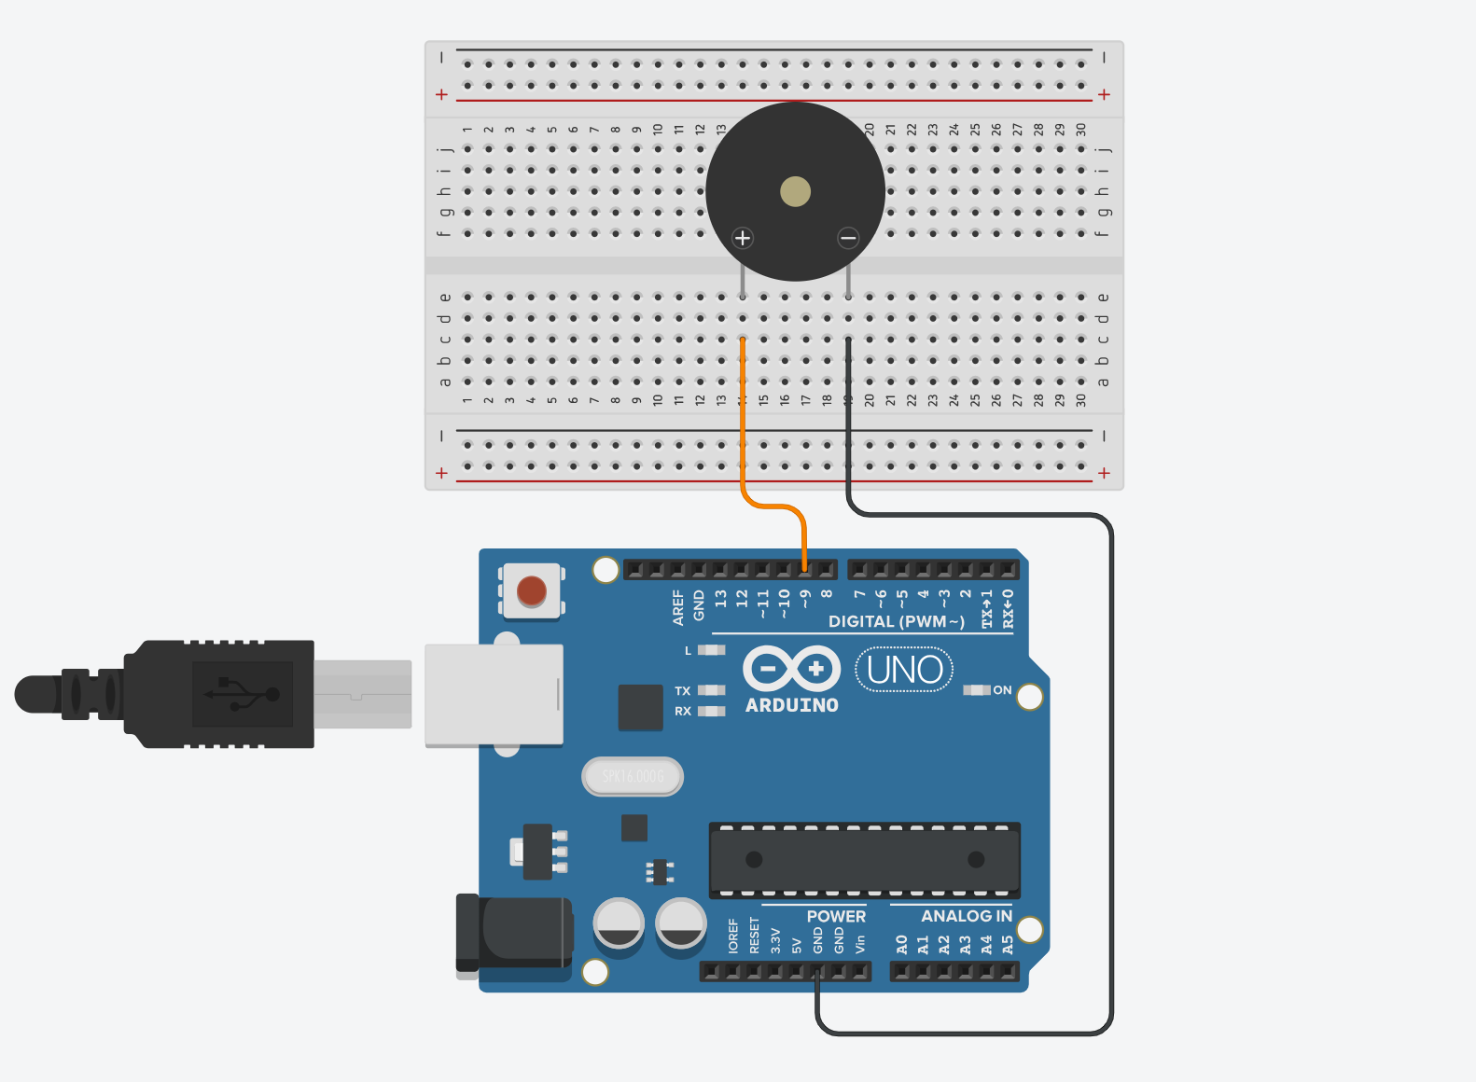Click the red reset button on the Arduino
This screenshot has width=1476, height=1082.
tap(531, 590)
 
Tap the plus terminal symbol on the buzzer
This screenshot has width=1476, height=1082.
tap(743, 238)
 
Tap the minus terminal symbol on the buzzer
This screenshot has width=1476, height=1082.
tap(847, 238)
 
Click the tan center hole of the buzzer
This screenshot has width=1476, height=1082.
tap(795, 192)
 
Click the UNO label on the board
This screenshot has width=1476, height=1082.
tap(904, 670)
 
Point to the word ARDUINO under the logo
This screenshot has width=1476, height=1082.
tap(791, 705)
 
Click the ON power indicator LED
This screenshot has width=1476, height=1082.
tap(976, 690)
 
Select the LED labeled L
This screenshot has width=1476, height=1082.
tap(712, 650)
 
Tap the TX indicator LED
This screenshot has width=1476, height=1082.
tap(712, 690)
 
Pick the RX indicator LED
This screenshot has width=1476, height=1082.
tap(712, 711)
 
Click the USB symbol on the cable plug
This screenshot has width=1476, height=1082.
tap(243, 694)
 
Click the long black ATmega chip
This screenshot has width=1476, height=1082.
tap(864, 859)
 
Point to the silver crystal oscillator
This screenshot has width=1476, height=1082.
tap(633, 776)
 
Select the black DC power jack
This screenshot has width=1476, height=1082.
tap(513, 933)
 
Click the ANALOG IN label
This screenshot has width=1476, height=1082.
tap(966, 916)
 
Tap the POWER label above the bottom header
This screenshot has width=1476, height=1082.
tap(836, 916)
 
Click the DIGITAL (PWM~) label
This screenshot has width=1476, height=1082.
tap(896, 621)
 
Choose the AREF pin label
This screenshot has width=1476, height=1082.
tap(678, 606)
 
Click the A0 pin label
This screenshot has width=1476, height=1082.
tap(901, 945)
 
